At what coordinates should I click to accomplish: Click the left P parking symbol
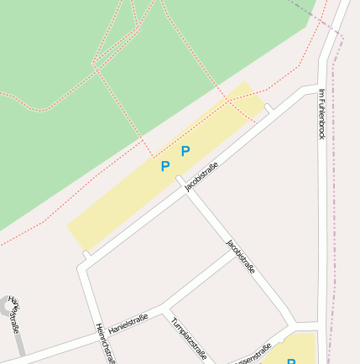coord(165,166)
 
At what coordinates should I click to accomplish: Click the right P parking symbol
coord(185,151)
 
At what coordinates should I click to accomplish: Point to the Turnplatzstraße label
coord(188,338)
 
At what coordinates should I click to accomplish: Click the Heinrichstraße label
coord(105,342)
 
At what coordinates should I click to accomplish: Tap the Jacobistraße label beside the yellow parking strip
coord(201,177)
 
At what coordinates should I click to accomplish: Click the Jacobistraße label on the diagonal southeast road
coord(241,256)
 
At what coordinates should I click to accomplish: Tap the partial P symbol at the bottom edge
coord(291,361)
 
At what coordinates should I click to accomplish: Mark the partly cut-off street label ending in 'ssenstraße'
coord(253,355)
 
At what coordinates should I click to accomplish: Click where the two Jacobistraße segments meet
coord(180,180)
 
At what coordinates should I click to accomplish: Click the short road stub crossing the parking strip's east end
coord(269,108)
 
